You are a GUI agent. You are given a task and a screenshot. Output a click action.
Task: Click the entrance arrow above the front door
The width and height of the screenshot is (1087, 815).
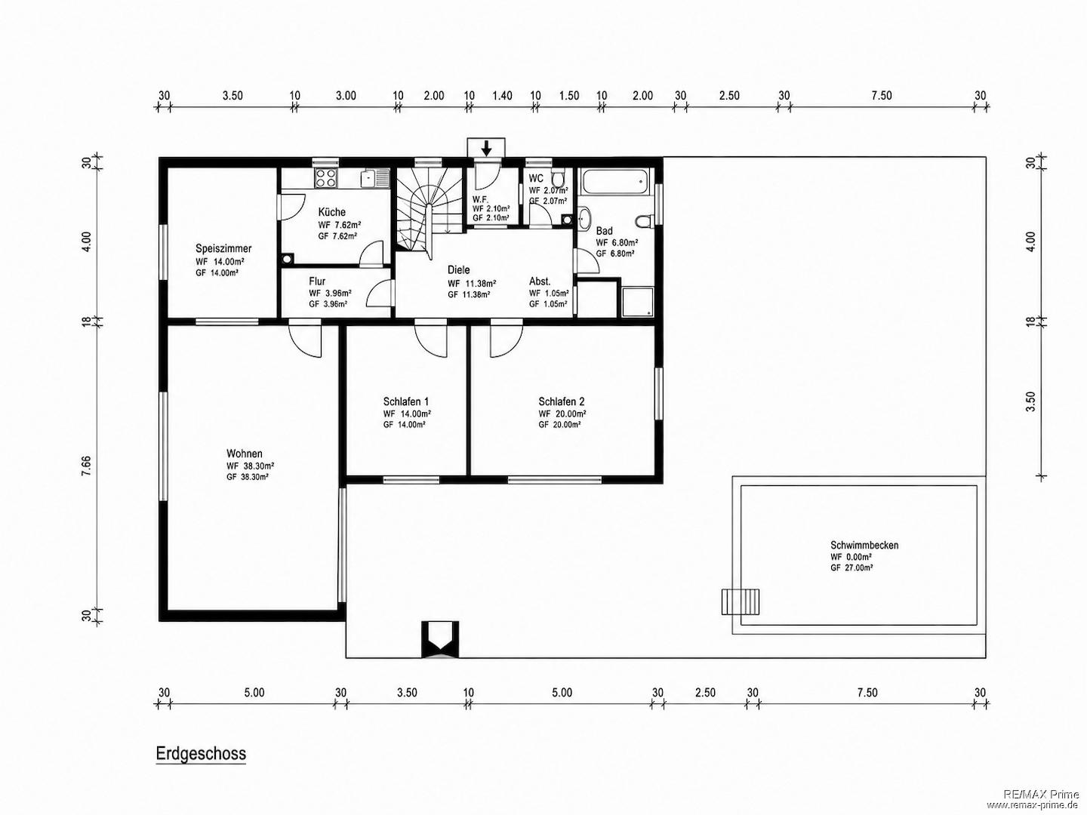(x=487, y=148)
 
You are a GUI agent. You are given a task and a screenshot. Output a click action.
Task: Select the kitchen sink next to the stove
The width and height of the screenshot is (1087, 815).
(x=375, y=178)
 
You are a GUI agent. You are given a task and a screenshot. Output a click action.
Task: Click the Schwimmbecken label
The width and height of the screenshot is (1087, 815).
(x=864, y=546)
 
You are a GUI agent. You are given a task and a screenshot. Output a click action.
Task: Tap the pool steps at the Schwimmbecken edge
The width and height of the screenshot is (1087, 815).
(x=741, y=601)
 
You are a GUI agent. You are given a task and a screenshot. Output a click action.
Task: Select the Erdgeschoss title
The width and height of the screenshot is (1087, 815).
(x=201, y=754)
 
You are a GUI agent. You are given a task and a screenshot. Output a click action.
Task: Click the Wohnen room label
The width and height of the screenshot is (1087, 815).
(x=245, y=454)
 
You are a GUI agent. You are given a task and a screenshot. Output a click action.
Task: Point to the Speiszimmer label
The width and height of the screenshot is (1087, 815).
(x=223, y=248)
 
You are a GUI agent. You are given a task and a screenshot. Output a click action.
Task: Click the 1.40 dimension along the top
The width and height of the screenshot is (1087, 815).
(x=502, y=96)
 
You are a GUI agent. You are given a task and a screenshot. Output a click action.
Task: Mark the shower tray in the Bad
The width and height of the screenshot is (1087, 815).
(x=638, y=301)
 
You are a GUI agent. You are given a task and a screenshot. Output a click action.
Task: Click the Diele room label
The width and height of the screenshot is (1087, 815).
(x=458, y=269)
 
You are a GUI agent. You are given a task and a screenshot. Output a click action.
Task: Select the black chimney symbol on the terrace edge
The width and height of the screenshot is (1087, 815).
(x=440, y=639)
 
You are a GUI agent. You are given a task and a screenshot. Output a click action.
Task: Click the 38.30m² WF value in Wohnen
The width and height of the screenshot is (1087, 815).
(x=258, y=466)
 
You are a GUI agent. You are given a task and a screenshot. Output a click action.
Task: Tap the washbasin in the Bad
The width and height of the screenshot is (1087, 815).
(x=585, y=219)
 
